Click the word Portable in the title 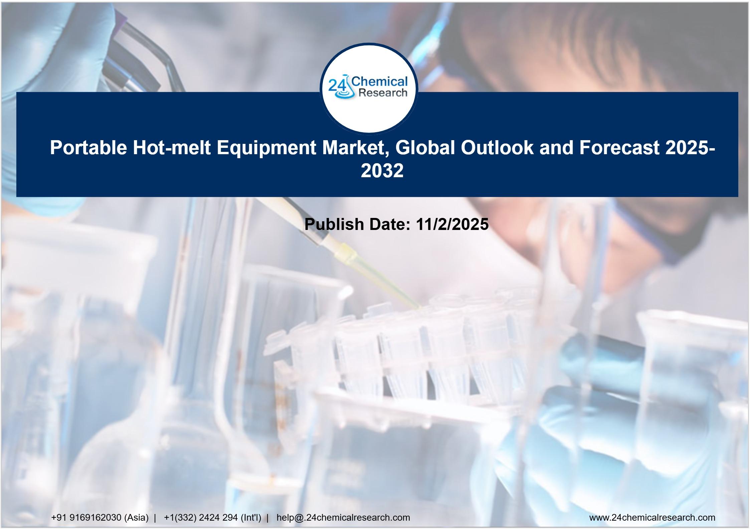point(88,148)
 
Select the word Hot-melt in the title point(172,148)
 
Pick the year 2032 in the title point(382,171)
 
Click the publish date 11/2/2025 point(452,224)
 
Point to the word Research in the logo point(383,92)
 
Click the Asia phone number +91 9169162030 point(86,518)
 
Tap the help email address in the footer point(343,518)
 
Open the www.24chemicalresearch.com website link point(652,518)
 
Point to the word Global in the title point(424,148)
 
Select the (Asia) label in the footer point(136,518)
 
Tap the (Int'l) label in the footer point(251,518)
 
